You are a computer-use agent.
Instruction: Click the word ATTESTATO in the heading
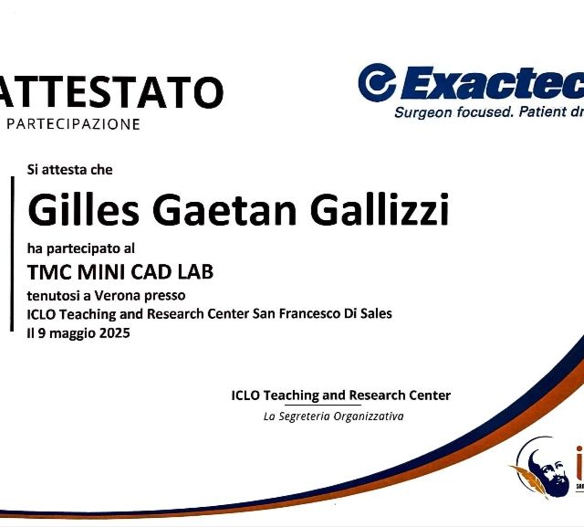(x=110, y=93)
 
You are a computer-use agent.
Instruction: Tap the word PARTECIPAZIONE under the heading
(x=73, y=123)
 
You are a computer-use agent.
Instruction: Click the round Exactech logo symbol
(x=377, y=82)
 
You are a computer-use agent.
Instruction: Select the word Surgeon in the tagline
(x=422, y=113)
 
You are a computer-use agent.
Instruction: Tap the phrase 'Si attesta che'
(x=70, y=169)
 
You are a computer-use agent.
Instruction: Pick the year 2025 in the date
(x=114, y=333)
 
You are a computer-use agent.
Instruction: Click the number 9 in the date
(x=42, y=333)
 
